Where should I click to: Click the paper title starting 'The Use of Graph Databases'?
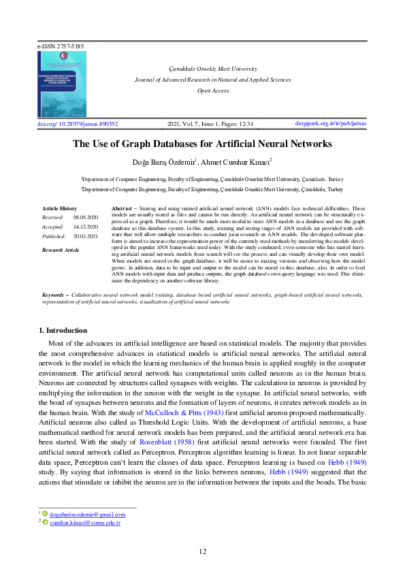point(202,144)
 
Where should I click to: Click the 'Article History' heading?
point(59,208)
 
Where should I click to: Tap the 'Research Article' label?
point(61,250)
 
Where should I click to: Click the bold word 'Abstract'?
point(120,207)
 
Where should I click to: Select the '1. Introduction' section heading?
point(63,331)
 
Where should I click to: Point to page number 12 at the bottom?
point(202,551)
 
